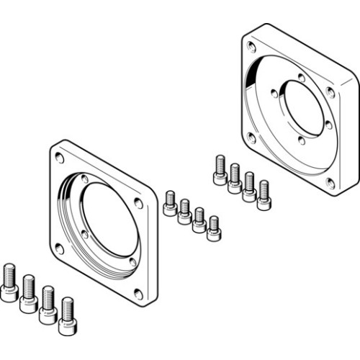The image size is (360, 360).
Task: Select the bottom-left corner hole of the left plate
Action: (x=60, y=248)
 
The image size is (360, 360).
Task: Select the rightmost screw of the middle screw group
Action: (x=213, y=228)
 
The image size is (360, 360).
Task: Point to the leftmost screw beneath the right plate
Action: (x=219, y=170)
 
